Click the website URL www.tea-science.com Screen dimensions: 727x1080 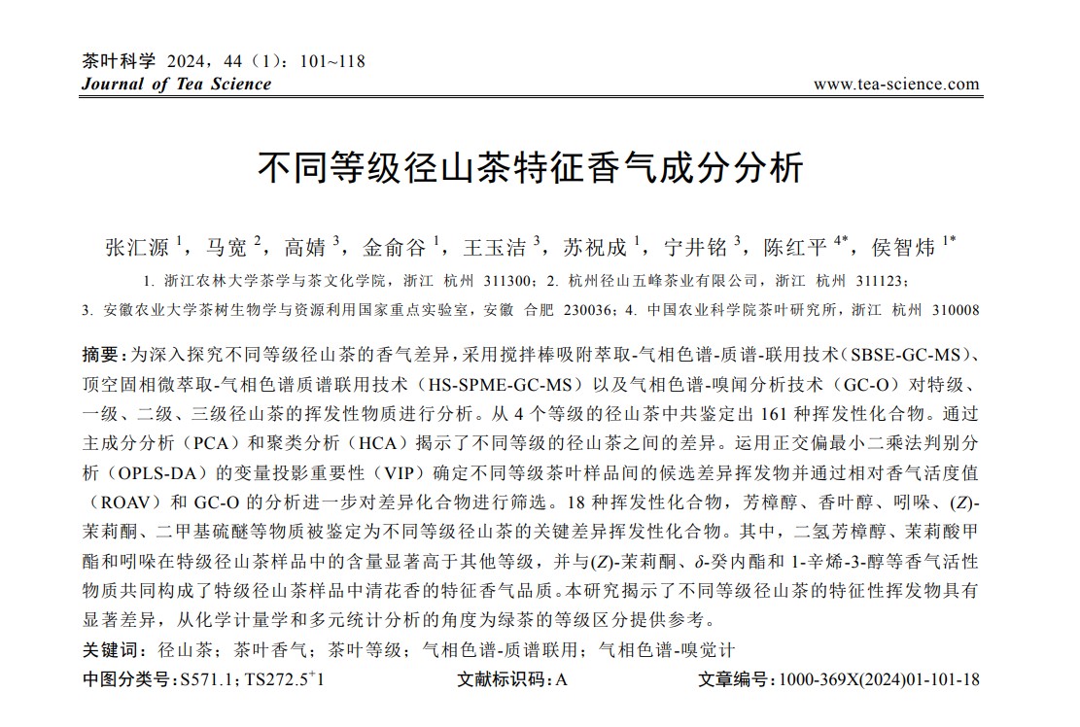(896, 84)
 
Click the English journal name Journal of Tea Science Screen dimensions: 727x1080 (176, 84)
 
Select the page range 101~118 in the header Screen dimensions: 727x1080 (333, 61)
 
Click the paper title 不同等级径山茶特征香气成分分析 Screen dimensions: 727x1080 (531, 167)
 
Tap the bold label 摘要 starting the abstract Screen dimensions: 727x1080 (101, 353)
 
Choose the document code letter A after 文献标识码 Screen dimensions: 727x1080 (561, 679)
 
